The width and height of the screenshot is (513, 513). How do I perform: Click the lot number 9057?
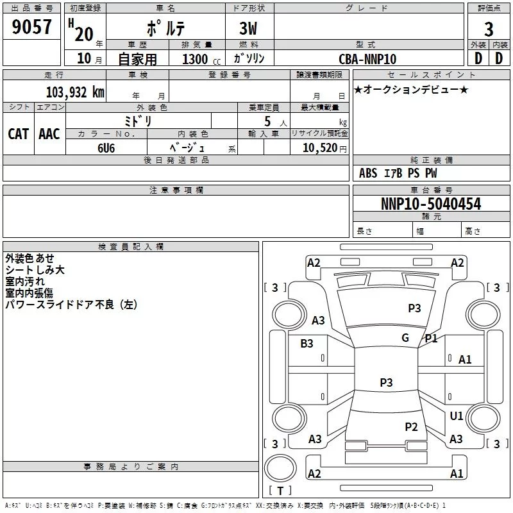(31, 28)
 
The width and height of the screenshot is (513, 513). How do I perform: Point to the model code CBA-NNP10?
(367, 59)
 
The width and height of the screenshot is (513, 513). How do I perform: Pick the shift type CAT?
(19, 133)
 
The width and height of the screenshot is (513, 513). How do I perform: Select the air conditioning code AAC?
(49, 133)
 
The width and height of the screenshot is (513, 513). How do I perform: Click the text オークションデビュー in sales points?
(411, 89)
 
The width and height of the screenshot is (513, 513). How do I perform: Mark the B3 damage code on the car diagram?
(307, 344)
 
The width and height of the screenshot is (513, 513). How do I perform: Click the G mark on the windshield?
(405, 337)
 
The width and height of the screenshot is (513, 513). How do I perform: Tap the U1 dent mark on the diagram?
(457, 416)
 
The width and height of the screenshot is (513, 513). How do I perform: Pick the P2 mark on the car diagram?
(412, 426)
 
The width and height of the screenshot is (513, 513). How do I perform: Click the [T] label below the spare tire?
(280, 491)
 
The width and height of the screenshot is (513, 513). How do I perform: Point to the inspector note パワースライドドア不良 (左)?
(71, 305)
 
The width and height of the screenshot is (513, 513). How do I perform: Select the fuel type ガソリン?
(249, 59)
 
